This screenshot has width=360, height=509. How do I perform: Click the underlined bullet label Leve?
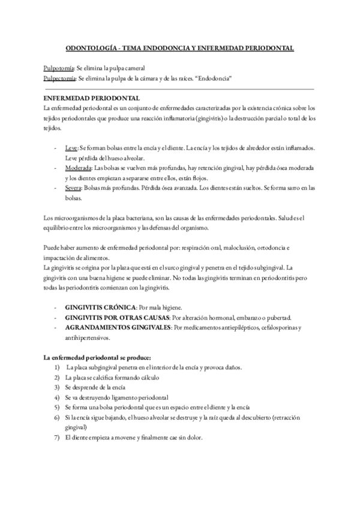pyautogui.click(x=71, y=147)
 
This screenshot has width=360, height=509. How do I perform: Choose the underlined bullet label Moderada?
pyautogui.click(x=78, y=169)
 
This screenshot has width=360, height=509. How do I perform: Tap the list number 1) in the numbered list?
pyautogui.click(x=56, y=367)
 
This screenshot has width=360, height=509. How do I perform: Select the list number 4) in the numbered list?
pyautogui.click(x=56, y=397)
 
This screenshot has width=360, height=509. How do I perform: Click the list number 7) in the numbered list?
pyautogui.click(x=56, y=438)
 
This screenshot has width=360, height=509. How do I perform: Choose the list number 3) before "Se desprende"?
pyautogui.click(x=56, y=387)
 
